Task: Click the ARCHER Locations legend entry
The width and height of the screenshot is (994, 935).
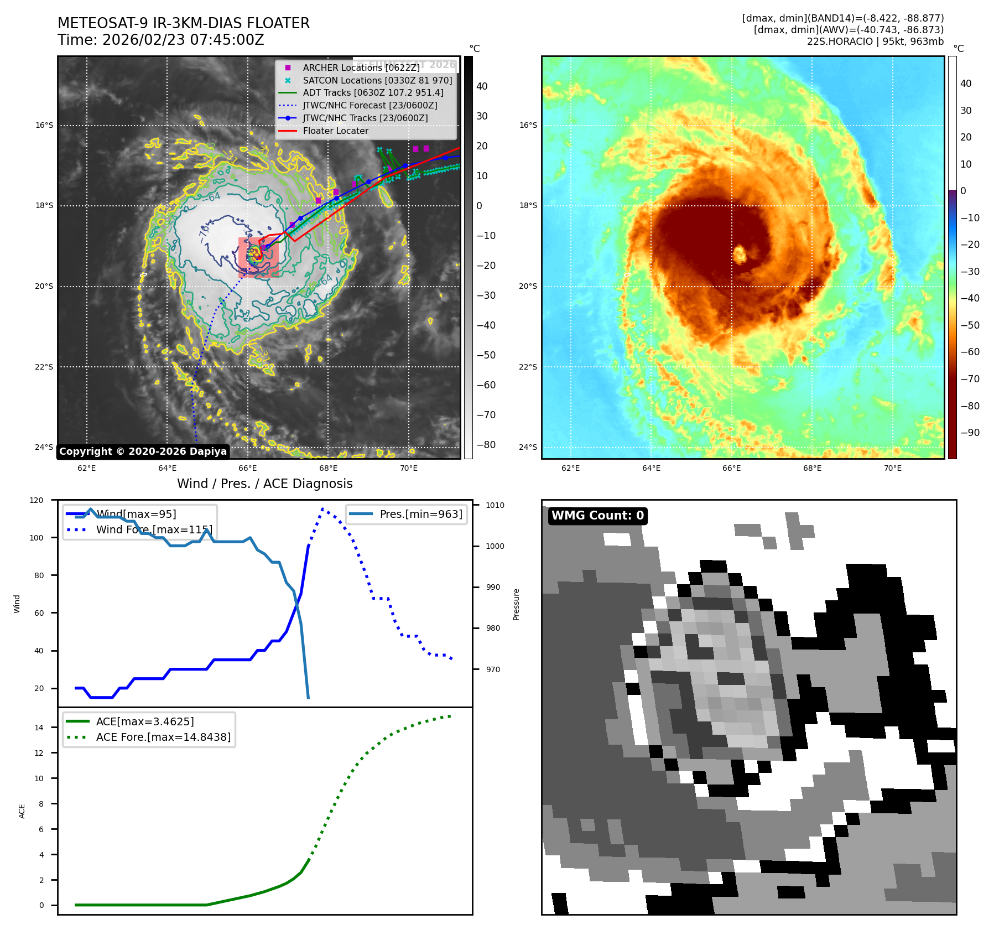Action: tap(361, 67)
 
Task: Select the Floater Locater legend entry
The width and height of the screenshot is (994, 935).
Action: tap(335, 131)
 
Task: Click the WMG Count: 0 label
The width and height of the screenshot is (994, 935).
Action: tap(597, 516)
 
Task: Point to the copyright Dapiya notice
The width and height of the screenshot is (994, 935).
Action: tap(143, 451)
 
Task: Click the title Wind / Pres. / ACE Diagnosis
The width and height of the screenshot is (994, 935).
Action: tap(264, 484)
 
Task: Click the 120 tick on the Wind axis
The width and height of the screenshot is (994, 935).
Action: tap(37, 500)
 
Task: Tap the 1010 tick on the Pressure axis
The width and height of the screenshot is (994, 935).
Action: tap(495, 505)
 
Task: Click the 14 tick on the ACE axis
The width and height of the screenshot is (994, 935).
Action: tap(39, 728)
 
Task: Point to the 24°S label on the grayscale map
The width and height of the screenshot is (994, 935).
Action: tap(44, 447)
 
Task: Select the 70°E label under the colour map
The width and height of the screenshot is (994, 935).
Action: tap(892, 468)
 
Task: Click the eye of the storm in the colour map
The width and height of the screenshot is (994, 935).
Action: tap(740, 254)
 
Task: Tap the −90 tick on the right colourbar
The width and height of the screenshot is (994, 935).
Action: tap(970, 433)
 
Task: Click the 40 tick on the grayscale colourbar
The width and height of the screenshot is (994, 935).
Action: tap(482, 86)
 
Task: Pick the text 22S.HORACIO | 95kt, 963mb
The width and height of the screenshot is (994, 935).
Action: tap(875, 41)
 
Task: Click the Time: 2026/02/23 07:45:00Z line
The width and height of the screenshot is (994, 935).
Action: tap(161, 40)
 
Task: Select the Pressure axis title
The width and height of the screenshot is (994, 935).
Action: tap(516, 604)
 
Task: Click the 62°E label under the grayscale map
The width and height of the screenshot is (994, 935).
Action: tap(87, 468)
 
